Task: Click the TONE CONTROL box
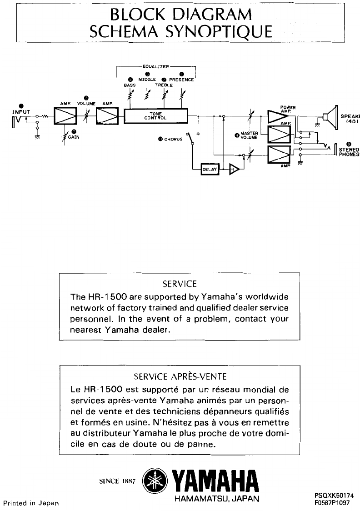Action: pyautogui.click(x=156, y=116)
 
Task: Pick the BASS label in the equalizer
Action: pyautogui.click(x=130, y=85)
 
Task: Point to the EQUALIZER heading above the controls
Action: pyautogui.click(x=156, y=66)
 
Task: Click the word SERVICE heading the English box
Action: pyautogui.click(x=180, y=284)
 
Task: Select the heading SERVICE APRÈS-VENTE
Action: pyautogui.click(x=180, y=377)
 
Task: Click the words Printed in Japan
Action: pyautogui.click(x=29, y=503)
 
